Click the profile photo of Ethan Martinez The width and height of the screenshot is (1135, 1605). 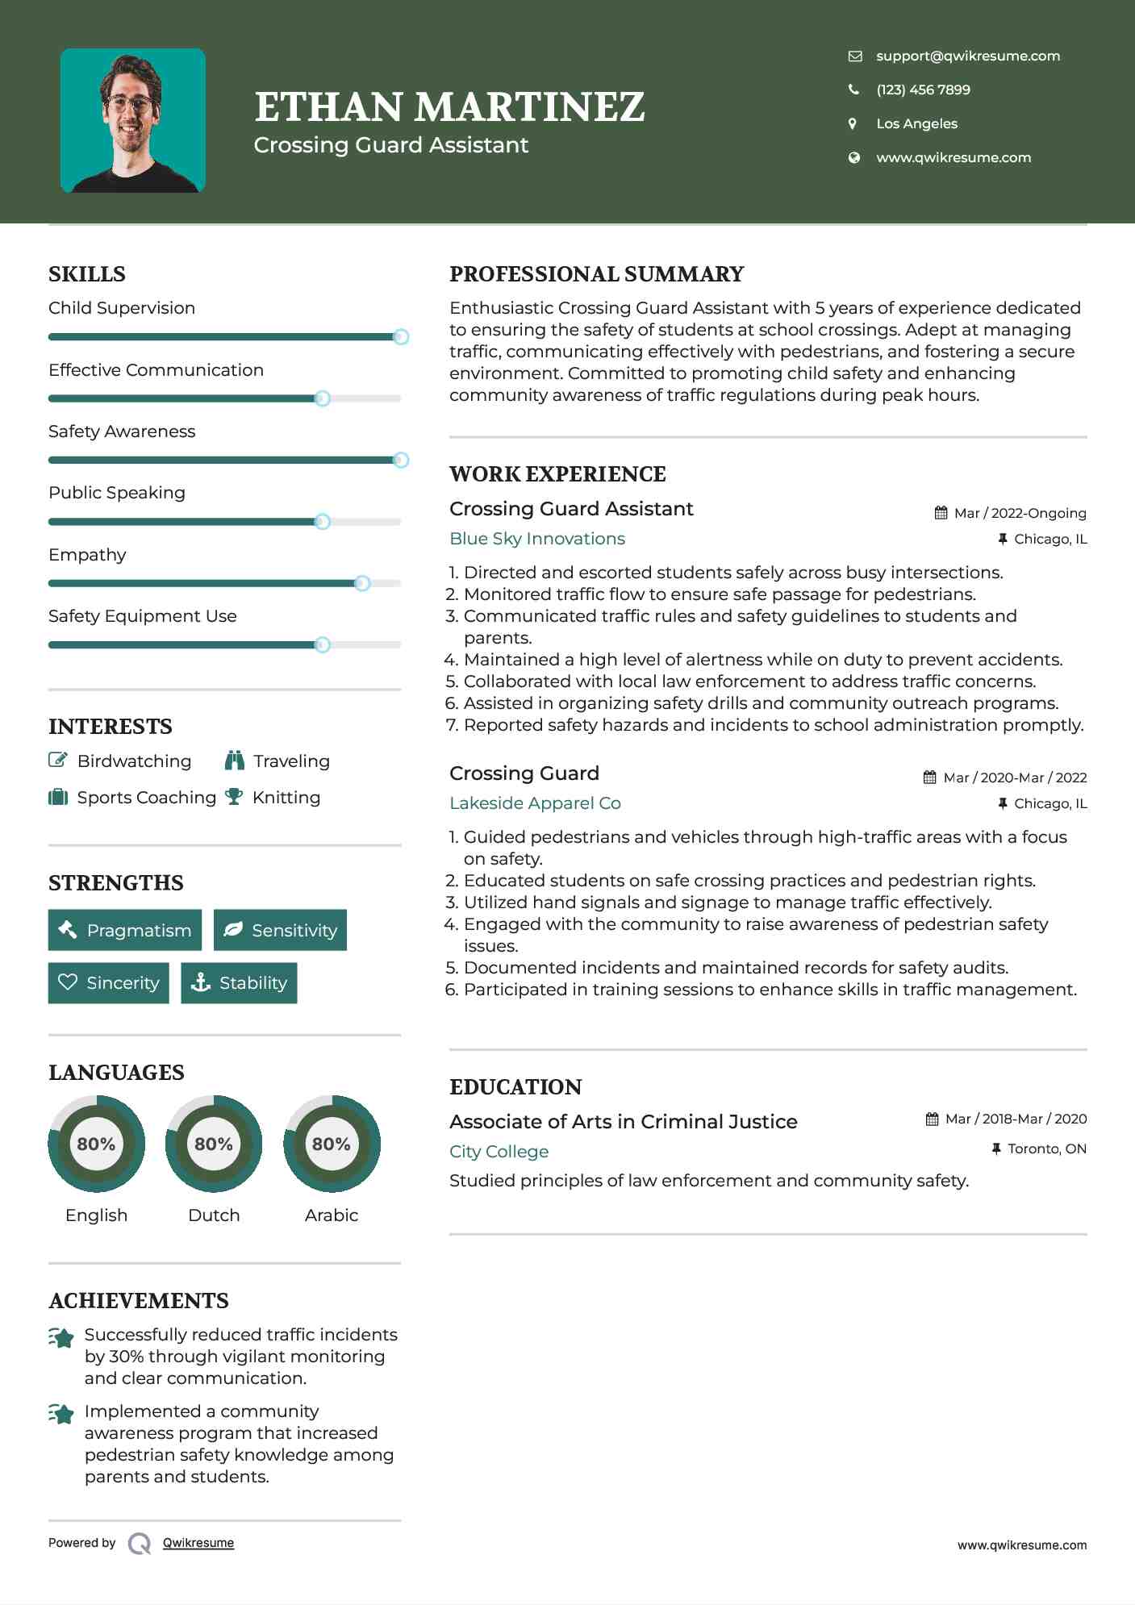coord(133,120)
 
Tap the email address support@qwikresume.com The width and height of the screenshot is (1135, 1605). coord(967,56)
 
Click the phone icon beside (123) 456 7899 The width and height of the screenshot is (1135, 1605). coord(853,90)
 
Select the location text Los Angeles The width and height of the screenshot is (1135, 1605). coord(916,123)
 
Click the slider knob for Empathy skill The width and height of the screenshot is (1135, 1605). coord(362,583)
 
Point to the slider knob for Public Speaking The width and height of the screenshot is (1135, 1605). coord(323,522)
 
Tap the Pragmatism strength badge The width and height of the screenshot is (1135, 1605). coord(125,930)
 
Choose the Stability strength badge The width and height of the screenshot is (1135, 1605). coord(239,982)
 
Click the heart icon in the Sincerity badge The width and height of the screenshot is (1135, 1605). coord(68,982)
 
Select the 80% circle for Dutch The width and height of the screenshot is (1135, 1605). coord(214,1144)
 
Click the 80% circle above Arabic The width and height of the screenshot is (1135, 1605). coord(332,1144)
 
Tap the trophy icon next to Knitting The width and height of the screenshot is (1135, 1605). coord(234,797)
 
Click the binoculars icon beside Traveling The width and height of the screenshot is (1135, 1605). coord(235,761)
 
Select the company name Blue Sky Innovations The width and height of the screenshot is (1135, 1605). coord(537,539)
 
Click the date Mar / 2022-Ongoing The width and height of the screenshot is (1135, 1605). coord(1020,513)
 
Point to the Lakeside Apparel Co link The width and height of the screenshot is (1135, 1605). coord(535,803)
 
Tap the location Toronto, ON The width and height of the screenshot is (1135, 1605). coord(1046,1149)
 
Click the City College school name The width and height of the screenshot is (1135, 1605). coord(499,1152)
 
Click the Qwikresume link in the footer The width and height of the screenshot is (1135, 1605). coord(198,1543)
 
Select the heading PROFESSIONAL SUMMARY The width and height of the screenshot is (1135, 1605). coord(596,274)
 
